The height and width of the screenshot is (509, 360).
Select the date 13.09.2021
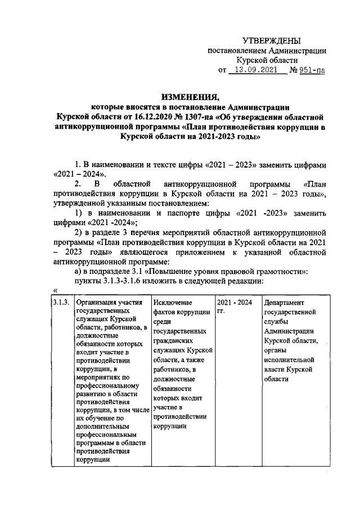pos(256,70)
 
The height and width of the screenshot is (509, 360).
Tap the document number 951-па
pos(311,70)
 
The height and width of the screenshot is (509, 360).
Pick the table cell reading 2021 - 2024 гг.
pos(236,306)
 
